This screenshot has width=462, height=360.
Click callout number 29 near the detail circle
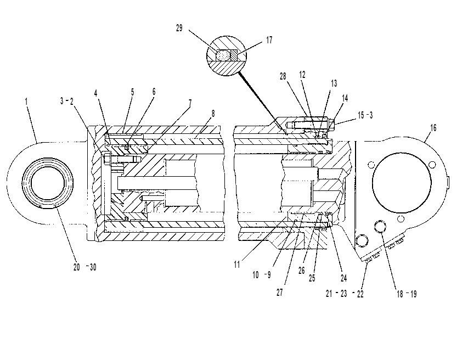click(179, 29)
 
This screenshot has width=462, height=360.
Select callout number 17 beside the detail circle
click(269, 40)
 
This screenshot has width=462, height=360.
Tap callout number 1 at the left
click(26, 102)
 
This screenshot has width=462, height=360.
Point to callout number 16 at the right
click(433, 128)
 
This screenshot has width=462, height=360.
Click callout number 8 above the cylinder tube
click(213, 114)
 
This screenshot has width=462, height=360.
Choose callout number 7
click(190, 103)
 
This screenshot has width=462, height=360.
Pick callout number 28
click(283, 76)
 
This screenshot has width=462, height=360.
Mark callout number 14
click(345, 98)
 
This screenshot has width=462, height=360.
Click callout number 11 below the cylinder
click(237, 265)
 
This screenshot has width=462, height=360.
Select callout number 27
click(280, 292)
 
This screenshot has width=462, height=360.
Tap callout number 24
click(343, 278)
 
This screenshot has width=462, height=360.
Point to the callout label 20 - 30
click(85, 267)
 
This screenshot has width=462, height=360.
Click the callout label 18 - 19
click(407, 294)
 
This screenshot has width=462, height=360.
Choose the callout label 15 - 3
click(365, 115)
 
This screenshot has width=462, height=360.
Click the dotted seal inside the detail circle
click(223, 55)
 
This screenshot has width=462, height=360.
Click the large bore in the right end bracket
click(402, 182)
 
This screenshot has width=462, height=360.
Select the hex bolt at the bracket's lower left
click(362, 240)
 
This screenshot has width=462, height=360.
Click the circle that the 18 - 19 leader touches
click(380, 227)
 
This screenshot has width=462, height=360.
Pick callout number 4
click(96, 93)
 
